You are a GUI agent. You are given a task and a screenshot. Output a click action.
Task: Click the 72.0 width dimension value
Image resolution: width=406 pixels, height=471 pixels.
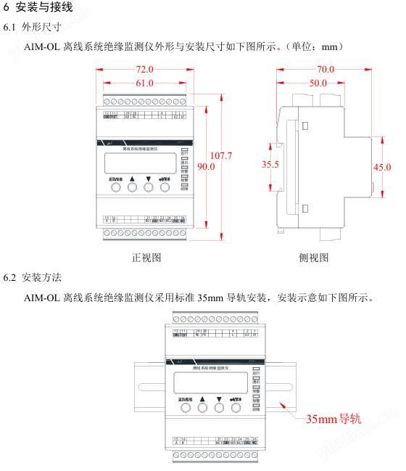(x=145, y=70)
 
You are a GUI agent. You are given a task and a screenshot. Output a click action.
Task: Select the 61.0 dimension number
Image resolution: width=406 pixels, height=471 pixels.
(x=144, y=83)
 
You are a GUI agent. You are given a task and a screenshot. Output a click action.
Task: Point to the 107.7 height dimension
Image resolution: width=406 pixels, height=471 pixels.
(x=220, y=156)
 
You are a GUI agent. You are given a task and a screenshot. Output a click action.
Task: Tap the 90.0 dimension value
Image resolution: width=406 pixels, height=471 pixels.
(x=206, y=167)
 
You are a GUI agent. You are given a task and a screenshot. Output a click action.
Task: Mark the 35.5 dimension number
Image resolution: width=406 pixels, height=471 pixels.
(x=270, y=165)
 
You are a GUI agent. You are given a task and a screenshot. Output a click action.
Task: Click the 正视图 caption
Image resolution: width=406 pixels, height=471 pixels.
(x=146, y=257)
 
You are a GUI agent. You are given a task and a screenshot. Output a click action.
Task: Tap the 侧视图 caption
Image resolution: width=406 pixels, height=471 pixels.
(x=313, y=257)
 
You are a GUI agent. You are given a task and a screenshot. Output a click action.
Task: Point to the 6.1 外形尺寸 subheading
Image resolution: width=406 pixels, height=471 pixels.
(x=33, y=28)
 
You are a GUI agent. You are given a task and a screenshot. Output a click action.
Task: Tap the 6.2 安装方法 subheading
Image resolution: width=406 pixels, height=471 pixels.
(x=33, y=278)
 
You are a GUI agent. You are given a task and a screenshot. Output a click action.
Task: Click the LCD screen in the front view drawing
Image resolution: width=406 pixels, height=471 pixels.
(x=139, y=162)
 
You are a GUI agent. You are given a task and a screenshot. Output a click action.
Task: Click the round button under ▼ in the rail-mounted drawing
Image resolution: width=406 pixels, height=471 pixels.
(x=219, y=408)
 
